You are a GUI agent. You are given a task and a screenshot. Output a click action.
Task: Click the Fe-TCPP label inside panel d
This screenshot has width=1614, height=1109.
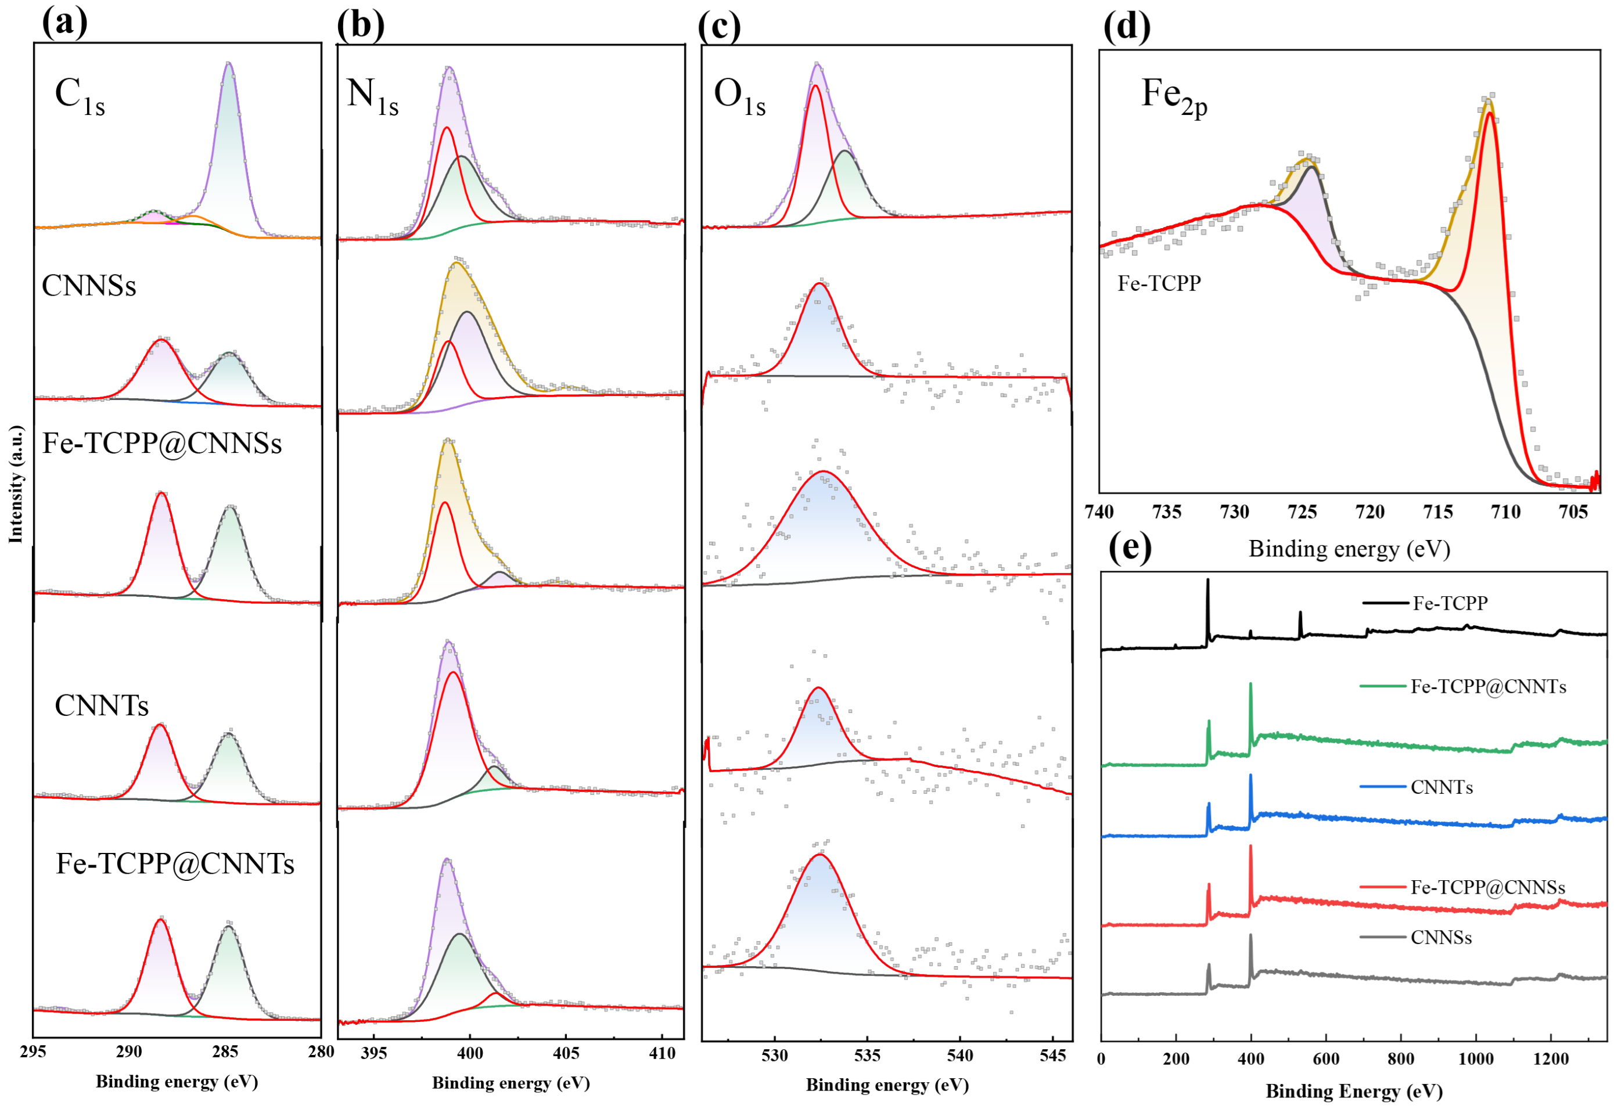coord(1158,283)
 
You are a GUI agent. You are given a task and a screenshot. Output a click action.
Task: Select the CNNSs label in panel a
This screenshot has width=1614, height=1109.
coord(88,286)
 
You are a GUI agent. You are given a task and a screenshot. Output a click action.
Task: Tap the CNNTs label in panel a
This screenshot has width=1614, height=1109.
coord(102,705)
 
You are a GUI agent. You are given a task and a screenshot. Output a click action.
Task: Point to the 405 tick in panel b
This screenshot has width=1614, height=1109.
coord(565,1053)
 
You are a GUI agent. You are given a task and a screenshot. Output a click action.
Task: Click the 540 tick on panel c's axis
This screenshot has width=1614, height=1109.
coord(959,1056)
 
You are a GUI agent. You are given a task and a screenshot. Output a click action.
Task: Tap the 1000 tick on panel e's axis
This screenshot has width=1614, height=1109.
coord(1475,1059)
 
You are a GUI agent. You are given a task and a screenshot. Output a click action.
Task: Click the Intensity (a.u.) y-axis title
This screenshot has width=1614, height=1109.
coord(15,484)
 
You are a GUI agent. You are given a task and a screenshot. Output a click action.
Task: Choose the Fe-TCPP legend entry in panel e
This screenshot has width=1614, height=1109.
coord(1449,603)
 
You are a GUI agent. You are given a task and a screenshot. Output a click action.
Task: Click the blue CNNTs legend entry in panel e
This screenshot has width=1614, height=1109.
coord(1441,787)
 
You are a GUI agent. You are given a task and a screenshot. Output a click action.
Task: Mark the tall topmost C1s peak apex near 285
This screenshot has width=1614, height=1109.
coord(228,63)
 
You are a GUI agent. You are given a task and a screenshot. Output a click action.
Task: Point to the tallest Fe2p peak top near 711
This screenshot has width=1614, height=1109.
coord(1487,101)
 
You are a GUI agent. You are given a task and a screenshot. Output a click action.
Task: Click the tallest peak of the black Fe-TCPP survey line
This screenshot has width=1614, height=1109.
coord(1207,579)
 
